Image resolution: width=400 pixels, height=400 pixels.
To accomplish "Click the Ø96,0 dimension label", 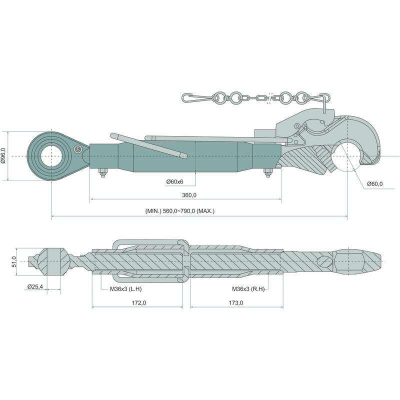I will click(4, 157).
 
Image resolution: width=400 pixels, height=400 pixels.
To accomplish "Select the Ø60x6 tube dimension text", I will click(174, 181).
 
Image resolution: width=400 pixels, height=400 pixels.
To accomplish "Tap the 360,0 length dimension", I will click(189, 195).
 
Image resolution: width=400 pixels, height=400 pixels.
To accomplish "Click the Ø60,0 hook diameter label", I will click(374, 184).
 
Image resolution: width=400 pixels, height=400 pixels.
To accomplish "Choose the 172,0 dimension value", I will click(138, 302).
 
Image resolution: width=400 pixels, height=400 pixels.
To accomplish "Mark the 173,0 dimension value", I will click(235, 302).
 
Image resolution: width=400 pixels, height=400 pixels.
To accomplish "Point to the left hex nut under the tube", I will click(102, 173).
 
